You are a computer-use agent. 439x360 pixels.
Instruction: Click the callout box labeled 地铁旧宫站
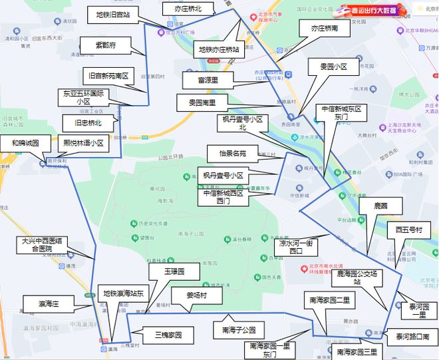(x=113, y=15)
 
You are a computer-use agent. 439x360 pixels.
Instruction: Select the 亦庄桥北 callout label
(x=188, y=9)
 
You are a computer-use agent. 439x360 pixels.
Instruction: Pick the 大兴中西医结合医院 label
(x=45, y=245)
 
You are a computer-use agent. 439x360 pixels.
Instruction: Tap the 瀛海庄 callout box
(x=49, y=303)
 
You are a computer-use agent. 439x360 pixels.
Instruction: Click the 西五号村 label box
(x=408, y=230)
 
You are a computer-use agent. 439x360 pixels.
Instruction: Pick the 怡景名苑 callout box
(x=233, y=154)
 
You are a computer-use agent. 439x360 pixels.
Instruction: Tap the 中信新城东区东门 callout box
(x=341, y=112)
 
